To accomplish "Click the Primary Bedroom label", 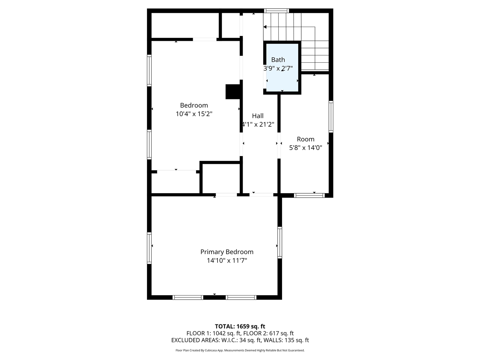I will pyautogui.click(x=226, y=252).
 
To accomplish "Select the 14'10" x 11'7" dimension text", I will pyautogui.click(x=226, y=261).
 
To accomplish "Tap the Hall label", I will pyautogui.click(x=258, y=116).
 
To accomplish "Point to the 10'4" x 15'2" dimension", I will pyautogui.click(x=194, y=114).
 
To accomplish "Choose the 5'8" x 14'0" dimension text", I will pyautogui.click(x=305, y=148).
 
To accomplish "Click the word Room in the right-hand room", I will pyautogui.click(x=305, y=139).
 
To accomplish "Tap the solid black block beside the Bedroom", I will pyautogui.click(x=232, y=92).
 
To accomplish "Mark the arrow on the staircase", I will pyautogui.click(x=265, y=27).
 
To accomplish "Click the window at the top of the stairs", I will pyautogui.click(x=276, y=10).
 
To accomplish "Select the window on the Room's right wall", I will pyautogui.click(x=331, y=117).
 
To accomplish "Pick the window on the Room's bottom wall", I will pyautogui.click(x=309, y=195).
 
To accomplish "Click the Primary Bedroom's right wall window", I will pyautogui.click(x=280, y=242).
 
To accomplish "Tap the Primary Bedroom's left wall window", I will pyautogui.click(x=149, y=248).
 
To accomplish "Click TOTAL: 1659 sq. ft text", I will pyautogui.click(x=240, y=326).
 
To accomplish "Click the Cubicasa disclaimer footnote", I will pyautogui.click(x=240, y=350).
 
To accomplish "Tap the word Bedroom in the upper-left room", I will pyautogui.click(x=194, y=105).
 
